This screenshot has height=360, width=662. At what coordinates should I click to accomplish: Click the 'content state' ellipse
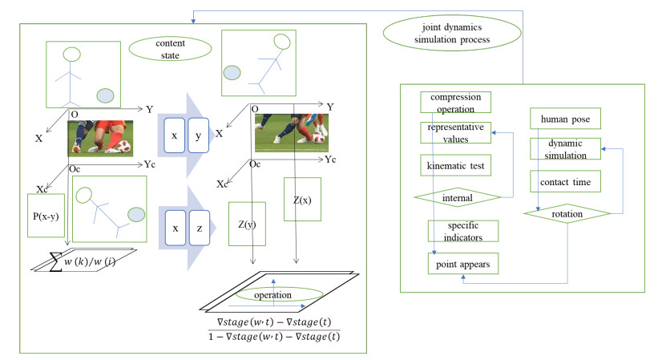[169, 48]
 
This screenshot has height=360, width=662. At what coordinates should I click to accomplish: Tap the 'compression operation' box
[455, 103]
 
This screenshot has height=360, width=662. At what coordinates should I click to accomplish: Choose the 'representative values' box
[455, 132]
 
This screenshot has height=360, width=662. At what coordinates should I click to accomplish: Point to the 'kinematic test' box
[455, 165]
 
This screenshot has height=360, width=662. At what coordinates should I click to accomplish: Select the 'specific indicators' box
[462, 231]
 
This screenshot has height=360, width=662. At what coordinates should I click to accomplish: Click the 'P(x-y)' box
[46, 215]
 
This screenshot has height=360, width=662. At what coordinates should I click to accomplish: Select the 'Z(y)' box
[247, 223]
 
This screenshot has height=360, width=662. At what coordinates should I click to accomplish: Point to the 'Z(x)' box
[302, 200]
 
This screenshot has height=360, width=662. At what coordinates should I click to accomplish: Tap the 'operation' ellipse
[272, 294]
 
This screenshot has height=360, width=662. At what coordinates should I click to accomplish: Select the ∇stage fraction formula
[272, 330]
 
